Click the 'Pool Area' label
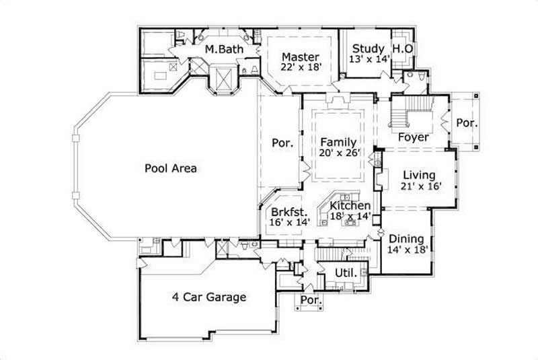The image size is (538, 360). [171, 168]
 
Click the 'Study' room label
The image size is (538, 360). [369, 48]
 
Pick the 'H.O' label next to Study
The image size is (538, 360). [402, 48]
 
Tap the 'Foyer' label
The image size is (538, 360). [414, 137]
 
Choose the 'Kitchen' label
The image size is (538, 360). [349, 205]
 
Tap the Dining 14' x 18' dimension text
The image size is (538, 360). [407, 250]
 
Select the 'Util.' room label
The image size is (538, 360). [336, 271]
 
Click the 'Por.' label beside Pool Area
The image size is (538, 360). [280, 143]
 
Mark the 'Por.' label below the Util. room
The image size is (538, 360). [310, 299]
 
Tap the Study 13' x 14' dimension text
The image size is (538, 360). [369, 60]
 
